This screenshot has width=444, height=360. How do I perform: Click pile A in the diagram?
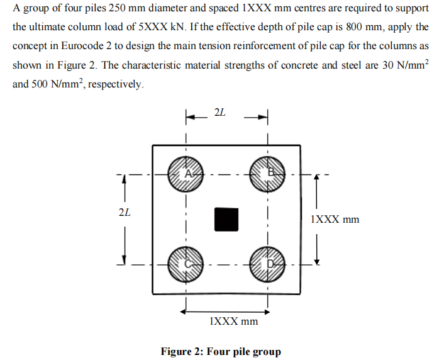(x=186, y=174)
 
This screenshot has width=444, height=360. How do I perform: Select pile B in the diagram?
(x=269, y=174)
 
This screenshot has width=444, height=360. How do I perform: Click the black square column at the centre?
(x=226, y=218)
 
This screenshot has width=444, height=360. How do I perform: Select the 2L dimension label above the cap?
(x=219, y=113)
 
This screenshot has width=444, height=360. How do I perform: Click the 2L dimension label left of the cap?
(x=125, y=212)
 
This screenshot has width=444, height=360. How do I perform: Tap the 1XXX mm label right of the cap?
(x=336, y=220)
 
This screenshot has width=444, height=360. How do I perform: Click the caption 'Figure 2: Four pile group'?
(x=221, y=351)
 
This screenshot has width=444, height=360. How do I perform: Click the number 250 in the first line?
(x=120, y=9)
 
